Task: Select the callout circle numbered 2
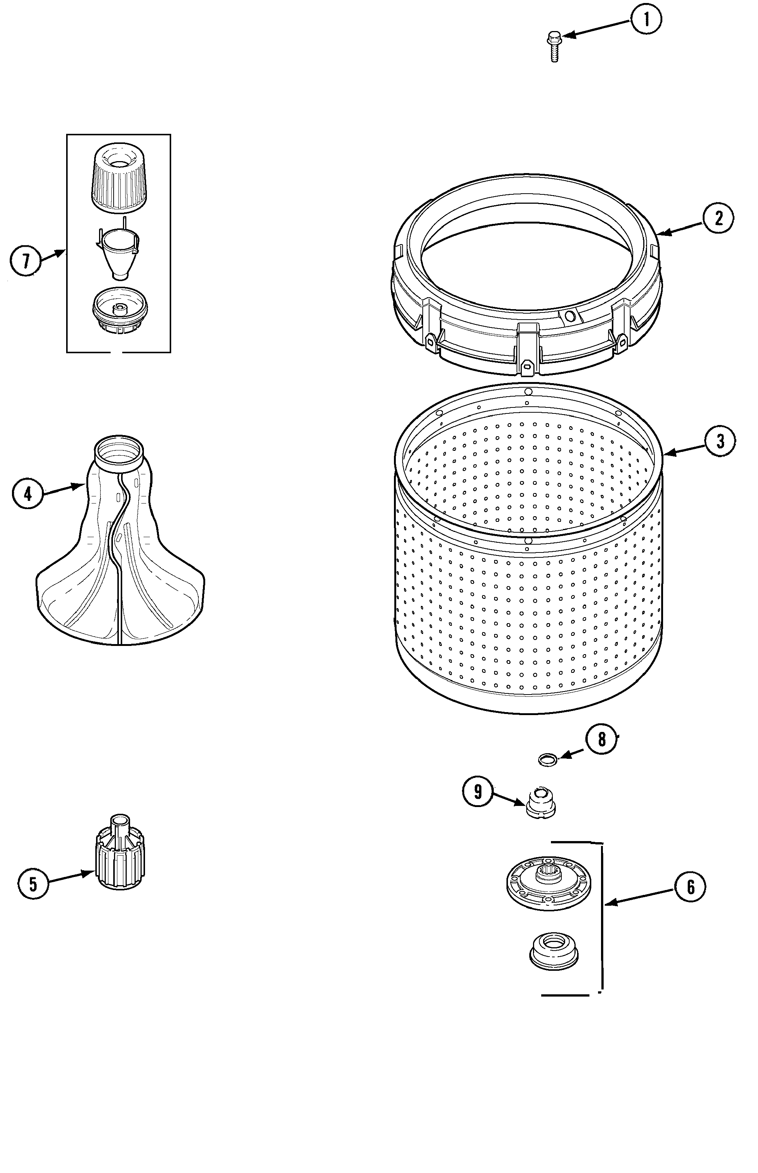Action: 718,218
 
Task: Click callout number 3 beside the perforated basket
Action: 720,441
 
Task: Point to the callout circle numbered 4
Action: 28,493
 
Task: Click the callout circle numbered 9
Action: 477,791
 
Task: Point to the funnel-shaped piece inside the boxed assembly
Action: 118,253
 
